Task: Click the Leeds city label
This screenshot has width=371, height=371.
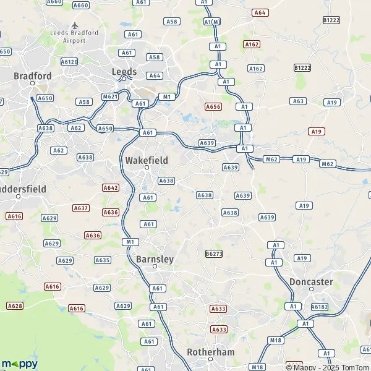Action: [x=124, y=71]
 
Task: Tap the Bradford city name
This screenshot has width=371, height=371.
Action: [x=33, y=76]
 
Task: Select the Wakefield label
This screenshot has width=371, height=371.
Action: [x=147, y=160]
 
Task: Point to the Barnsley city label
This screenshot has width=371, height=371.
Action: [x=155, y=259]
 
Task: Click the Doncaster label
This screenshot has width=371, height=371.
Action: [x=311, y=282]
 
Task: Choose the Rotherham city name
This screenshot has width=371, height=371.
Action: [x=211, y=352]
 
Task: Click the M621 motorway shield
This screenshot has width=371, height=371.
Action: [x=110, y=96]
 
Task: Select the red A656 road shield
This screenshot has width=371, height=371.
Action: [x=213, y=106]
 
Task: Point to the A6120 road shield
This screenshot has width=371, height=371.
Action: [x=69, y=62]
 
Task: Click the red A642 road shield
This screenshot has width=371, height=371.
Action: [x=111, y=187]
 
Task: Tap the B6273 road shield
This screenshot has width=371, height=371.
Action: [x=213, y=254]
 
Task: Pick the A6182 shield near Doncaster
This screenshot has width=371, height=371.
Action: [x=320, y=306]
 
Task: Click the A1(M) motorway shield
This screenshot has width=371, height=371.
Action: [x=212, y=22]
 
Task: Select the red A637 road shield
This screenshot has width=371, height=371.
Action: [x=81, y=208]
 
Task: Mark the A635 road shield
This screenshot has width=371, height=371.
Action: [x=103, y=260]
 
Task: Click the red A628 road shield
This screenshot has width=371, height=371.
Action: [x=15, y=305]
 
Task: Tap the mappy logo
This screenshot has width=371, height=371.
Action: [x=19, y=364]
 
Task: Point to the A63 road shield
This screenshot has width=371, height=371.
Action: [x=299, y=101]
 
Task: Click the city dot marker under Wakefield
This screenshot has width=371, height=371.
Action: [x=147, y=168]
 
